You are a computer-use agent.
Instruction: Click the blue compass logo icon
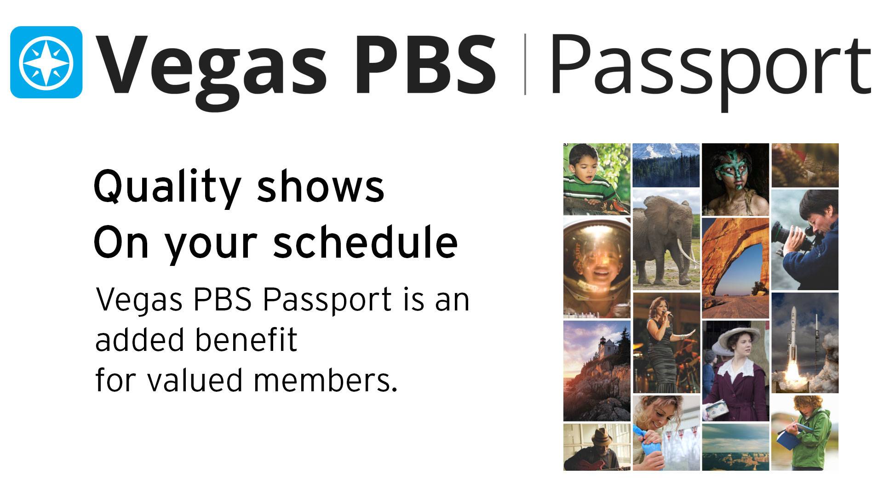click(x=46, y=62)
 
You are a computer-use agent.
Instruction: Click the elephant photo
click(x=666, y=239)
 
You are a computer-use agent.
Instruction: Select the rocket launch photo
click(x=805, y=343)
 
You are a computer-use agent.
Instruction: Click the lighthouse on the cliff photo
click(x=597, y=371)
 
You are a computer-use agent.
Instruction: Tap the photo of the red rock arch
click(x=735, y=268)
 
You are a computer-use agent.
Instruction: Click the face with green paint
click(x=735, y=179)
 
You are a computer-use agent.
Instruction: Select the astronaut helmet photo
click(x=597, y=268)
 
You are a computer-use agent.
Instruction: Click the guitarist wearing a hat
click(x=597, y=447)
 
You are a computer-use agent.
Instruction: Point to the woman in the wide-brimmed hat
click(x=735, y=371)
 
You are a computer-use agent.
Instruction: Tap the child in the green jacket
click(x=805, y=433)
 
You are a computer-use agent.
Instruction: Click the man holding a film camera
click(x=805, y=240)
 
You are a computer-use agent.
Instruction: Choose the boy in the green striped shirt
click(x=597, y=179)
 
